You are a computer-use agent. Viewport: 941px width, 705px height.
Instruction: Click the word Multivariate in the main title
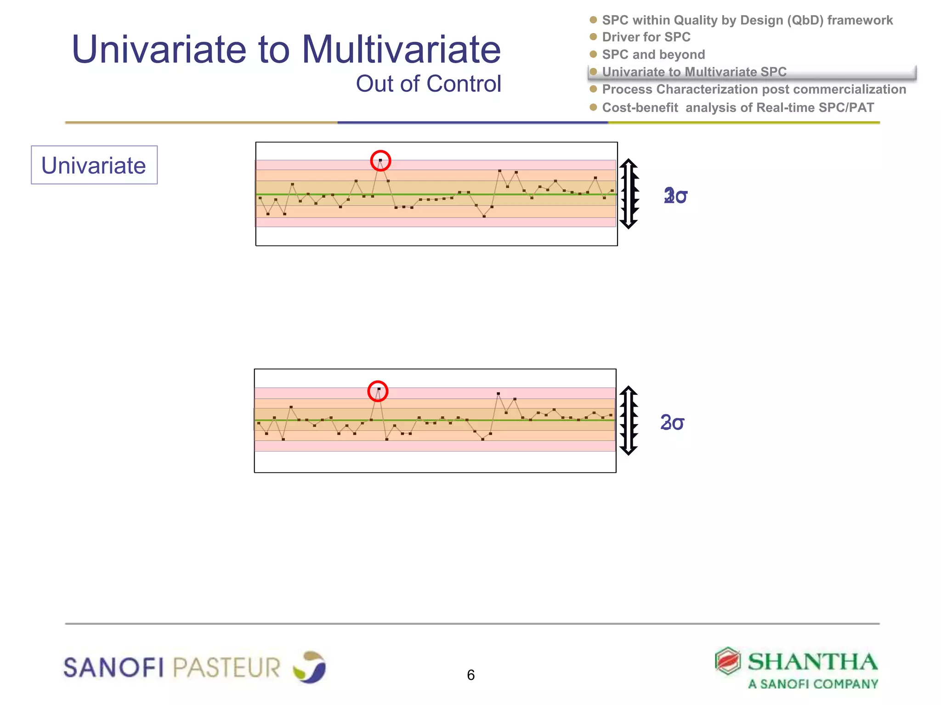click(401, 50)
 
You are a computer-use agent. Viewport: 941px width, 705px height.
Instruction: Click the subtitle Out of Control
click(428, 84)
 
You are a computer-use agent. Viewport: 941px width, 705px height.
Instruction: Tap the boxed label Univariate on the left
click(94, 165)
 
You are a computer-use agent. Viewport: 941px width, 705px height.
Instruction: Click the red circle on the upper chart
click(380, 161)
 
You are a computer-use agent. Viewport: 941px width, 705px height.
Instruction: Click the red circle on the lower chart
click(378, 391)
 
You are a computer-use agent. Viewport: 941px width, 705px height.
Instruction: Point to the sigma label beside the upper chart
click(675, 196)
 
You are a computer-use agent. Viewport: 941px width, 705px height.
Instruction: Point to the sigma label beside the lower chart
click(672, 422)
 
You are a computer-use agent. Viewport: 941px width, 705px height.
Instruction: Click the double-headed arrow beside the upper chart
click(629, 194)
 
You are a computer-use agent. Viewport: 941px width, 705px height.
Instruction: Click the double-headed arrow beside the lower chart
click(628, 420)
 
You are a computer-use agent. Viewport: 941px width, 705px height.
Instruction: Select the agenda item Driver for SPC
click(646, 37)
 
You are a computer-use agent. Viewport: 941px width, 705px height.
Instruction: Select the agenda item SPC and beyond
click(653, 55)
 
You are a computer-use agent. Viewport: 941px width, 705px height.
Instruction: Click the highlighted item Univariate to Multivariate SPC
click(694, 72)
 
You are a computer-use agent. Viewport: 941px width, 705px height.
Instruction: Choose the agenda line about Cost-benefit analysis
click(737, 107)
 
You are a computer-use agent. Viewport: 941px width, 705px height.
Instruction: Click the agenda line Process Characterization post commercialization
click(754, 90)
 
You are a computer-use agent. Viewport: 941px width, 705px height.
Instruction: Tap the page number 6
click(470, 675)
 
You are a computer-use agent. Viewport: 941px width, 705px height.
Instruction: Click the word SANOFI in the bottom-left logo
click(113, 667)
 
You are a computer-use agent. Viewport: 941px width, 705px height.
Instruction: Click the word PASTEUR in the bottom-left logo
click(227, 667)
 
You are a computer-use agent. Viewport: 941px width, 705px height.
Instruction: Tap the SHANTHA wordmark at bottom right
click(812, 661)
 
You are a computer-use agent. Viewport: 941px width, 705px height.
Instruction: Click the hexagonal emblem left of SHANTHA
click(728, 661)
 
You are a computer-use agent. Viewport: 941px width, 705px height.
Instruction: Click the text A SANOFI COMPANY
click(813, 684)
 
